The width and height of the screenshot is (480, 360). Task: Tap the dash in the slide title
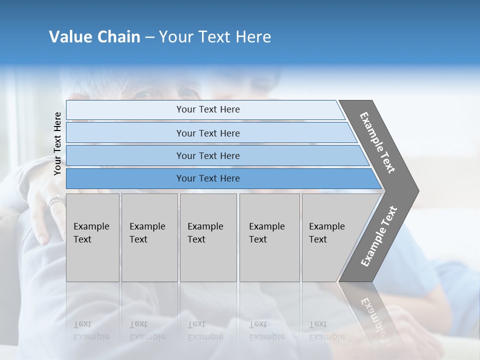click(x=149, y=37)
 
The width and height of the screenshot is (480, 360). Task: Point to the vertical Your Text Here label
click(x=57, y=143)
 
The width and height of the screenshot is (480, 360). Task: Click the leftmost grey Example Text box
click(x=92, y=237)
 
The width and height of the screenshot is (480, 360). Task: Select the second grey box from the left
click(x=149, y=237)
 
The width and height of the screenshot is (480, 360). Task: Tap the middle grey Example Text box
click(x=208, y=237)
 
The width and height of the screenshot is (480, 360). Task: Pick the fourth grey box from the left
click(x=269, y=237)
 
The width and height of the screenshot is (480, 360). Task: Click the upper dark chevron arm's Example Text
click(x=378, y=142)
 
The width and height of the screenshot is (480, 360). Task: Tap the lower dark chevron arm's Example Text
click(x=378, y=236)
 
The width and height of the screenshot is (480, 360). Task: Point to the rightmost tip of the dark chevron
click(x=418, y=190)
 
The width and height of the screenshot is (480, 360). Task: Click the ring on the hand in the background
click(x=55, y=202)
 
